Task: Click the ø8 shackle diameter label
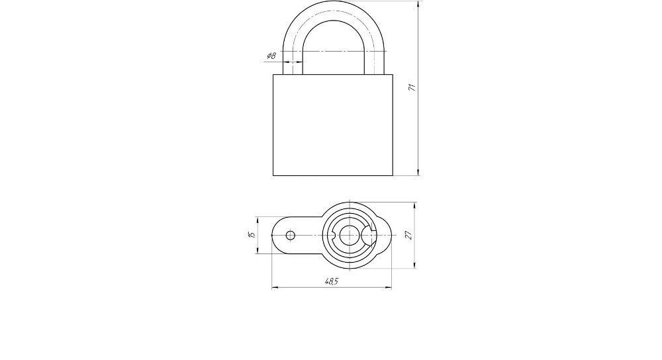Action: [x=271, y=56]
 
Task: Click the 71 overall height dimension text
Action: [x=412, y=87]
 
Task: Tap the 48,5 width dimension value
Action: [x=332, y=281]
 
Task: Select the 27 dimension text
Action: [x=408, y=235]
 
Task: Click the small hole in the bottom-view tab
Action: [x=291, y=235]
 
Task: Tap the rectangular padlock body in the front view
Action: [x=333, y=125]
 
